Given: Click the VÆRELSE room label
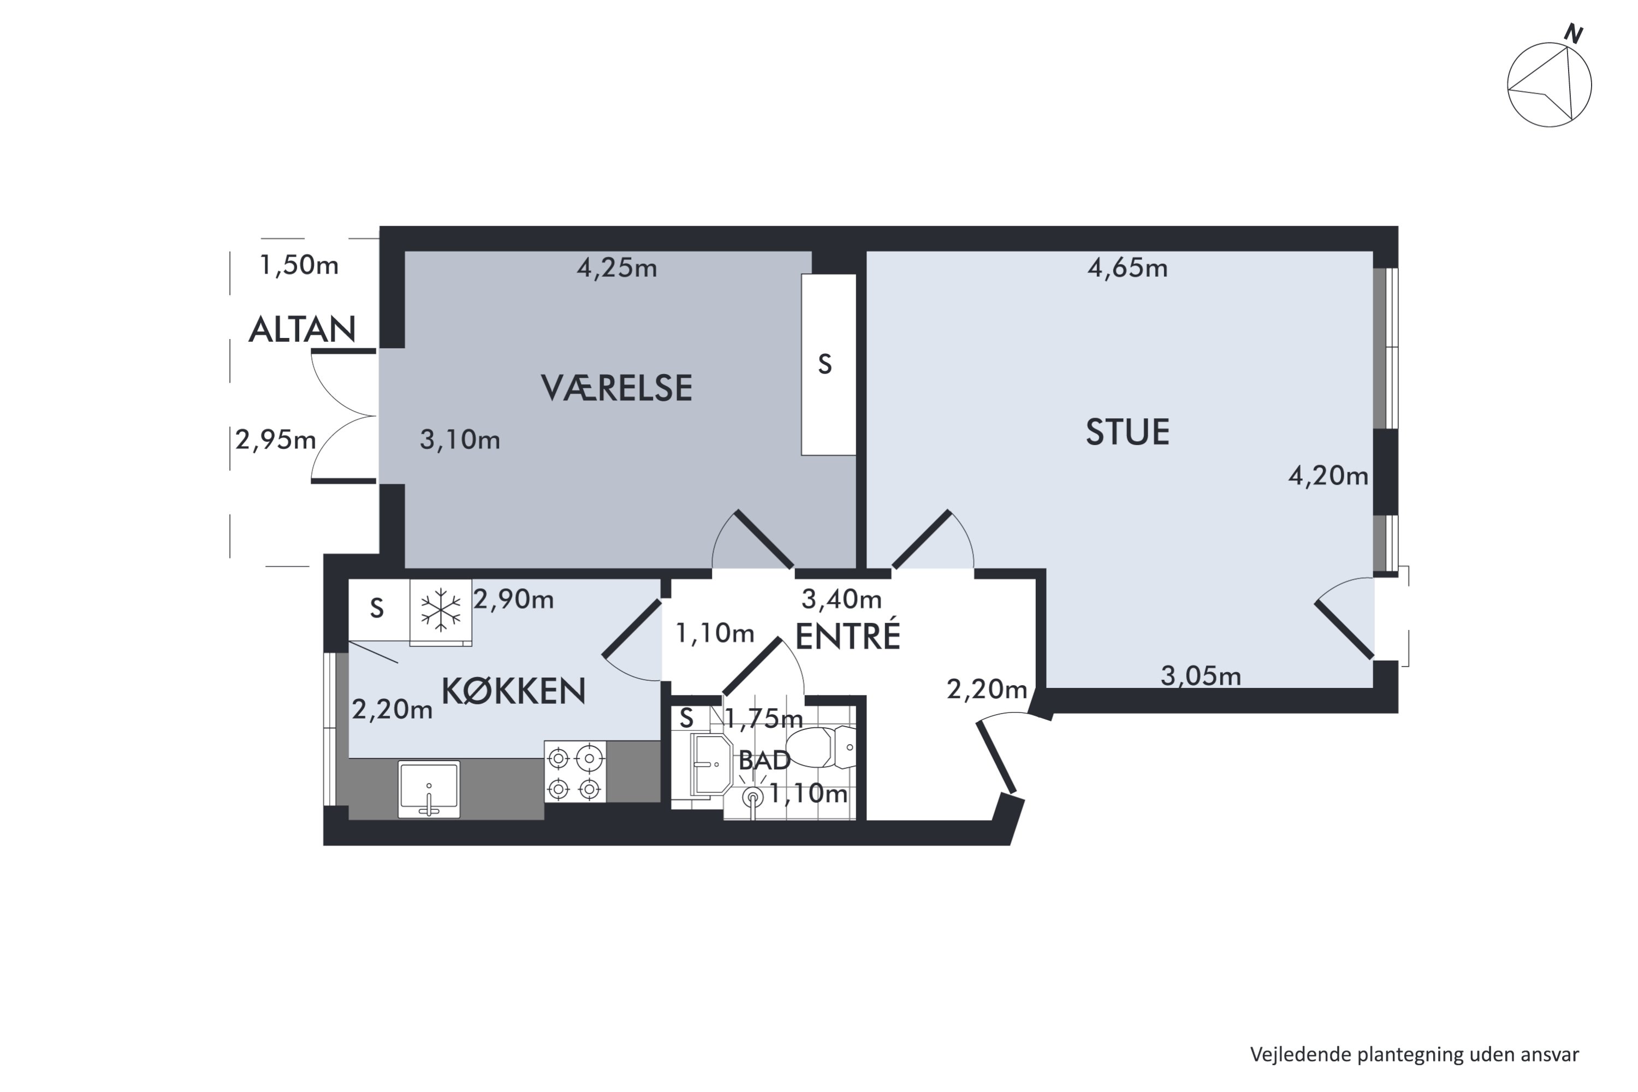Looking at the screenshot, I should coord(616,389).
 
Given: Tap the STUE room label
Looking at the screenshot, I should coord(1127,432).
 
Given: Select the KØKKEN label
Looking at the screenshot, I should coord(513,692).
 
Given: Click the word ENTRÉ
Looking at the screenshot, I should coord(847,637).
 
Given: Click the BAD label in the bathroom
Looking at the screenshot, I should coord(764,761).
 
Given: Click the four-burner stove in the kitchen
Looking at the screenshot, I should coord(574,771).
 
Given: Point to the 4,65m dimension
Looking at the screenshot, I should coord(1127,268).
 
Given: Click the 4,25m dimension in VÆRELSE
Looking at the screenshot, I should coord(616,268).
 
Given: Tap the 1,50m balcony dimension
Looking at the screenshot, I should coord(299,265).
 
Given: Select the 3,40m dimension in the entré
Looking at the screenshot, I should coord(841,599).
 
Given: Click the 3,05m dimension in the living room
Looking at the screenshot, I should coord(1201,676).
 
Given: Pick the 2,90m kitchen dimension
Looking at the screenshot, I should coord(513,599).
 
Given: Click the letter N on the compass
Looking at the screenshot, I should coord(1573,33).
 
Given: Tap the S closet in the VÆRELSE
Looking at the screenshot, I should coord(827,364).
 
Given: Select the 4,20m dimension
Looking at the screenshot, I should coord(1327,476).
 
